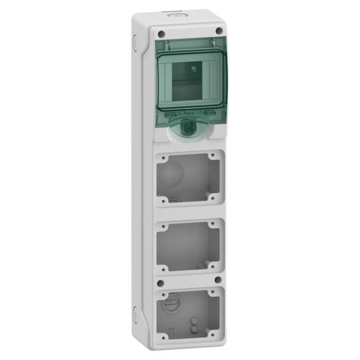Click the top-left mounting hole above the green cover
[161, 34]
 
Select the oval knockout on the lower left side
[135, 313]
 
